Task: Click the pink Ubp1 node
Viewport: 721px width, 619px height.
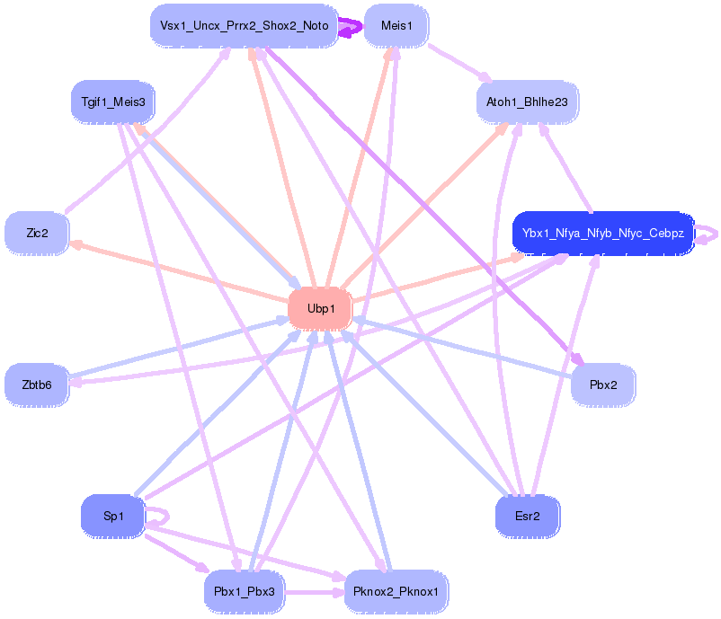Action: pyautogui.click(x=320, y=308)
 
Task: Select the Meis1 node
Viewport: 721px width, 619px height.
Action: pyautogui.click(x=396, y=26)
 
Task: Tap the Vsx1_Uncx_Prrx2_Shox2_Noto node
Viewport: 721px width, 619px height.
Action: pyautogui.click(x=244, y=26)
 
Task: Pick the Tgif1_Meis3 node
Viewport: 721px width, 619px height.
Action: pyautogui.click(x=113, y=102)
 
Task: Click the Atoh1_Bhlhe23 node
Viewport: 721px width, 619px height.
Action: pyautogui.click(x=527, y=102)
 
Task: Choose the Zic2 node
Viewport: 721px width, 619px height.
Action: pyautogui.click(x=37, y=233)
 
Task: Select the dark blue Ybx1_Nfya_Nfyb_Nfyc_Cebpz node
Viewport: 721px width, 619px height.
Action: pyautogui.click(x=602, y=233)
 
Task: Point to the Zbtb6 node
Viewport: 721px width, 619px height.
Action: pyautogui.click(x=37, y=385)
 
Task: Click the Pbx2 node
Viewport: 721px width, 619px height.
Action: pyautogui.click(x=603, y=385)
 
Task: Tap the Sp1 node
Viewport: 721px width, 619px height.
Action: pyautogui.click(x=112, y=516)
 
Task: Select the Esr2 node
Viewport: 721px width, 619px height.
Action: pyautogui.click(x=527, y=516)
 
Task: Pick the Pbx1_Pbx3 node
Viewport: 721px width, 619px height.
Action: pyautogui.click(x=245, y=592)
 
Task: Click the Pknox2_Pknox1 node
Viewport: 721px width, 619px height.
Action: pyautogui.click(x=396, y=592)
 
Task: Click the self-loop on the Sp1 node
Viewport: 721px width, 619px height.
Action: pyautogui.click(x=160, y=516)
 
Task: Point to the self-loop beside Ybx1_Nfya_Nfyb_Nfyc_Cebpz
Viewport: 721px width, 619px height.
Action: pyautogui.click(x=708, y=233)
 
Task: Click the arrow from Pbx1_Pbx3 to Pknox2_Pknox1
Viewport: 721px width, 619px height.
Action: pyautogui.click(x=315, y=592)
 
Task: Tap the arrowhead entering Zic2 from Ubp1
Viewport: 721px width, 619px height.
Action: pyautogui.click(x=76, y=244)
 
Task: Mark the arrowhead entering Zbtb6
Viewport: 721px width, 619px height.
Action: pyautogui.click(x=76, y=382)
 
